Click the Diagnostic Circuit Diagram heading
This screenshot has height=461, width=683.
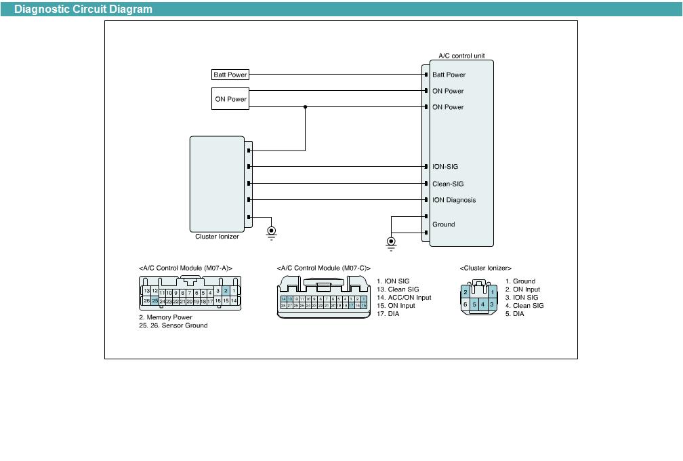(x=83, y=9)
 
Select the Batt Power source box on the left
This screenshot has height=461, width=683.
(x=230, y=75)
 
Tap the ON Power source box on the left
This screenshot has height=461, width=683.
(x=230, y=99)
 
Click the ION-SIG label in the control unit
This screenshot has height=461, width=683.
(x=446, y=167)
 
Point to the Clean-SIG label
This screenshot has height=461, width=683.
(x=448, y=184)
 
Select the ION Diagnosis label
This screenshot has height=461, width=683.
(x=454, y=200)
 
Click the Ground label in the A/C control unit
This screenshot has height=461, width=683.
(x=444, y=224)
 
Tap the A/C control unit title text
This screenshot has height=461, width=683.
(x=461, y=56)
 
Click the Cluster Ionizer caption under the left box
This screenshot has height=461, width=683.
(x=217, y=237)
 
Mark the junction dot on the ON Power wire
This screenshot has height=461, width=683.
(x=305, y=107)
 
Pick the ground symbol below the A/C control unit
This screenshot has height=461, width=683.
(x=391, y=242)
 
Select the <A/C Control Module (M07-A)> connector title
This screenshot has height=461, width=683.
(x=186, y=268)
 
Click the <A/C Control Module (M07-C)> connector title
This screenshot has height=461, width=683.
(x=324, y=268)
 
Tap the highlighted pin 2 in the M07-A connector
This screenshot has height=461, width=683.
(x=226, y=291)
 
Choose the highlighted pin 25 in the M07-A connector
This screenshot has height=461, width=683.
(x=154, y=300)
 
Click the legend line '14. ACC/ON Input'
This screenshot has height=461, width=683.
(x=404, y=298)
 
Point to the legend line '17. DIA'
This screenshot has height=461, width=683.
(x=388, y=314)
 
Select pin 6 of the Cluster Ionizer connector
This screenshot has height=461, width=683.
(x=465, y=305)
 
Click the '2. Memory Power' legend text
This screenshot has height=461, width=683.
(x=165, y=317)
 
